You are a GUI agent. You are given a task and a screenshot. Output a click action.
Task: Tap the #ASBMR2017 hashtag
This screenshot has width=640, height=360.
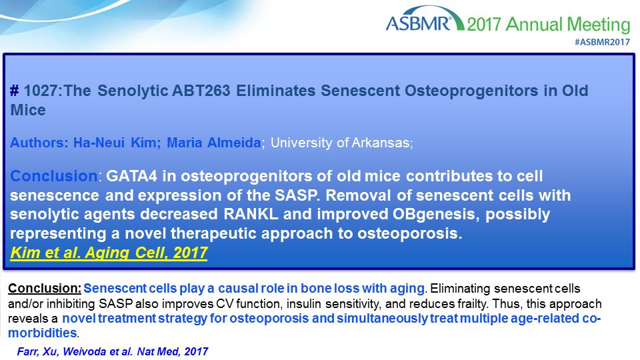click(x=602, y=42)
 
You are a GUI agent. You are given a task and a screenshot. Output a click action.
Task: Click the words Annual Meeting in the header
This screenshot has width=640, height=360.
click(x=568, y=25)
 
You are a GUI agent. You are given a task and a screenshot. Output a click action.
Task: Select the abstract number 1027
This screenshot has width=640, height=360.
click(x=41, y=90)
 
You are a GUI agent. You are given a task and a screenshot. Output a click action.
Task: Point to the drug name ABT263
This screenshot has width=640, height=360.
click(x=201, y=90)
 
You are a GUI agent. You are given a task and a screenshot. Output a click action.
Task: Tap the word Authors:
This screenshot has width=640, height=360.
click(x=39, y=143)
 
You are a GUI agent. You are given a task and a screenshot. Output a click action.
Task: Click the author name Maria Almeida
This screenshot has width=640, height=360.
click(x=214, y=143)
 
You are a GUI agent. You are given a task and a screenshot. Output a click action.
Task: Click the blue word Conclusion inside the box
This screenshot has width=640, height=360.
click(x=54, y=176)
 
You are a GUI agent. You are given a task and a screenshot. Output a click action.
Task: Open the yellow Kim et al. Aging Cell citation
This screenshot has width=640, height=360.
click(x=109, y=253)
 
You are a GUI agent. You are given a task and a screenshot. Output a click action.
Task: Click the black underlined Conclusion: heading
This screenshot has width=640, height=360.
click(x=45, y=288)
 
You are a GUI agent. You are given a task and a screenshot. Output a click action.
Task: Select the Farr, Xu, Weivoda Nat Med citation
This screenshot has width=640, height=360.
click(x=112, y=351)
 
